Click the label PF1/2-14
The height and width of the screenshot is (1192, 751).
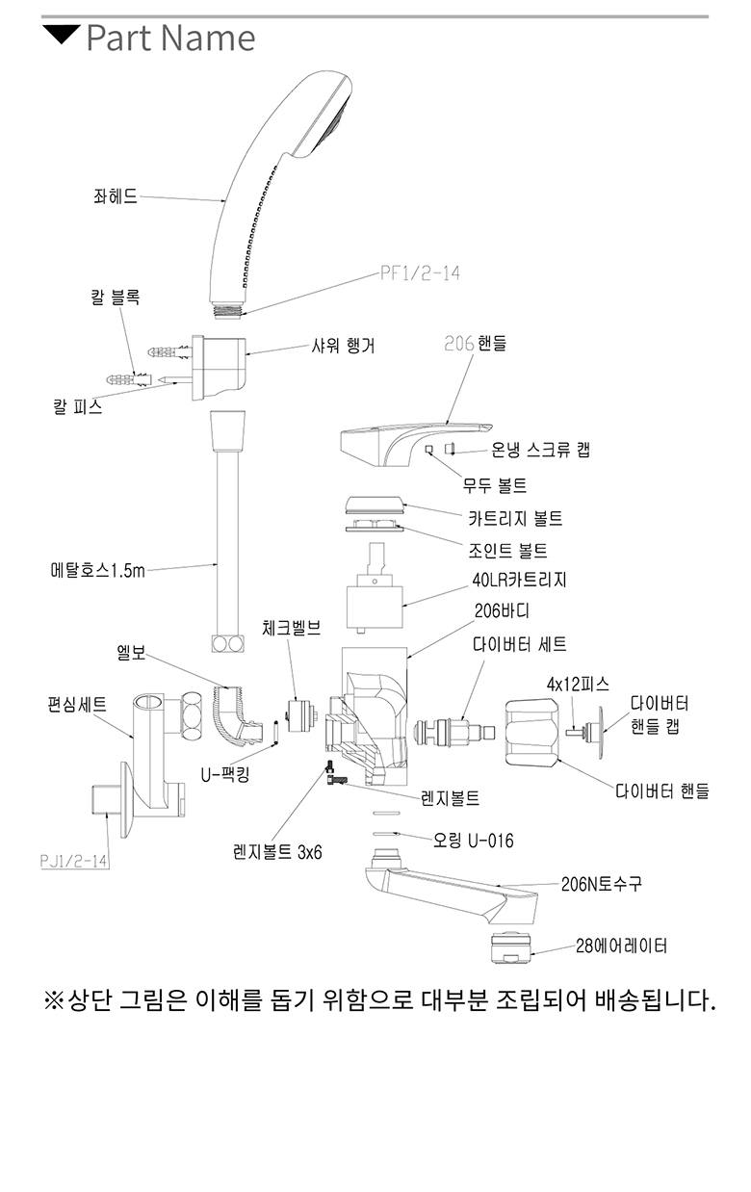coord(420,273)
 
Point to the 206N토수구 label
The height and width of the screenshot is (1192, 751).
coord(601,884)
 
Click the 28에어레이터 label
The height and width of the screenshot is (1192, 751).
coord(621,946)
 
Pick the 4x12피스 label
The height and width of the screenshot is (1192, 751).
coord(578,684)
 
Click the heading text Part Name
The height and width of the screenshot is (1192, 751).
coord(170,38)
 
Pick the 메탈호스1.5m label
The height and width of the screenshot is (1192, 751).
coord(97,570)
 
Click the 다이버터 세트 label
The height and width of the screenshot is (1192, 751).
coord(519,644)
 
